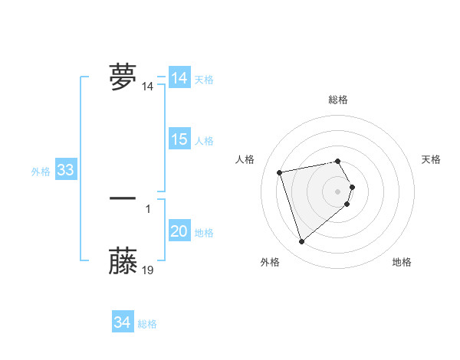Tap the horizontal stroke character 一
tap(123, 198)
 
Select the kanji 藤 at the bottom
tap(123, 260)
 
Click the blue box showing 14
tap(179, 78)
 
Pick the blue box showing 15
tap(179, 139)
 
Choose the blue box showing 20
tap(179, 231)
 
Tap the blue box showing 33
tap(65, 170)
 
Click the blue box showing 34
tap(122, 322)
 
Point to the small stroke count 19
tap(148, 270)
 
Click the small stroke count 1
tap(148, 208)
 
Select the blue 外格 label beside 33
tap(41, 172)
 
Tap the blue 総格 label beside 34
tap(147, 324)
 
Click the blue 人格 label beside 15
tap(204, 141)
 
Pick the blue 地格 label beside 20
tap(204, 233)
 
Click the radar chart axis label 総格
tap(338, 100)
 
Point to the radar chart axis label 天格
tap(431, 159)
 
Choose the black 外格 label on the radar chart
tap(270, 262)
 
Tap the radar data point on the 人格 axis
tap(280, 172)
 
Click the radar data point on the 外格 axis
tap(302, 241)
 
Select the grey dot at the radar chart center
tap(338, 191)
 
